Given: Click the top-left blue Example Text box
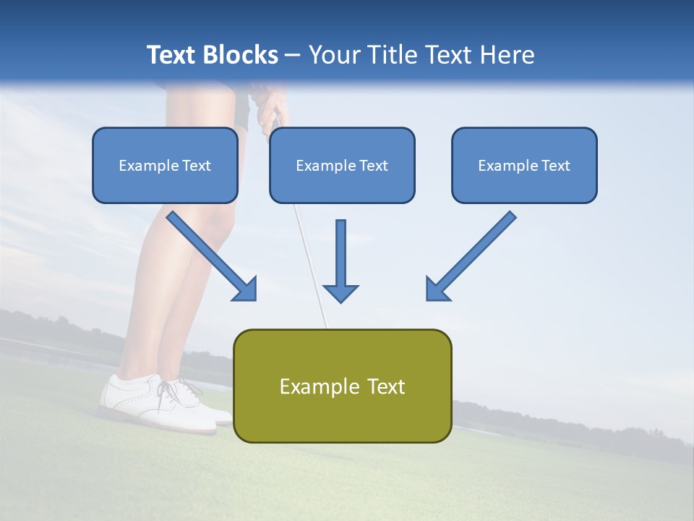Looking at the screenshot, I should point(165,165).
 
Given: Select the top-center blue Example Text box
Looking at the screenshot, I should point(342,165).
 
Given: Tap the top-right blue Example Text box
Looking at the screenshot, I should point(524,165).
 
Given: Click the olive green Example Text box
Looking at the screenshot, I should point(342,386).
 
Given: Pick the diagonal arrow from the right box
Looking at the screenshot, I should point(471,255).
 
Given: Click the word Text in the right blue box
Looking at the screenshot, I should point(554,166).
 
